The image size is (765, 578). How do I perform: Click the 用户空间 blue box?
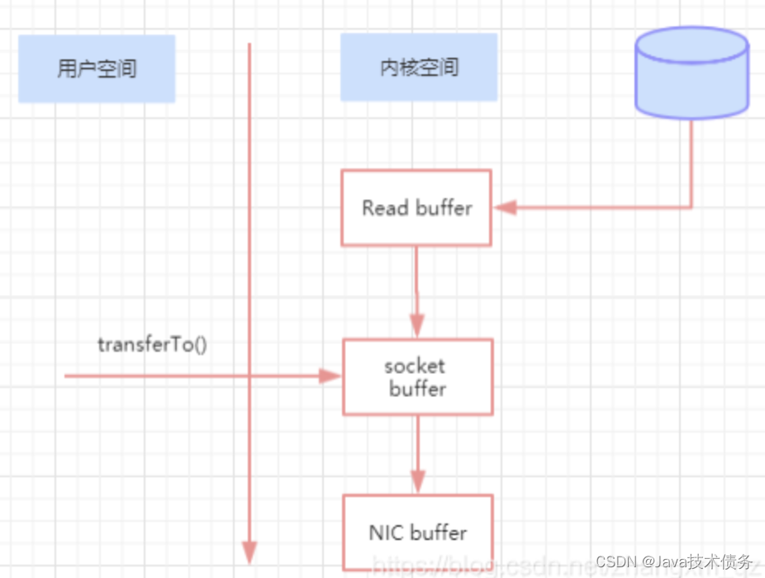pos(97,69)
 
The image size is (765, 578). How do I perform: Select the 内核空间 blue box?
pos(419,68)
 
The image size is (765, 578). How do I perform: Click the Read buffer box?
pos(416,208)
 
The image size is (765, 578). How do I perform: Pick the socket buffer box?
pos(417,377)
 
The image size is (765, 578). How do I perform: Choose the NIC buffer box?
pos(417,532)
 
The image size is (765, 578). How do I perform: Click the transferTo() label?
pos(152,344)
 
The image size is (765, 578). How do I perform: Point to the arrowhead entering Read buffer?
pos(503,207)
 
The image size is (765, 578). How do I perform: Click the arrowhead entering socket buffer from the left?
pos(331,377)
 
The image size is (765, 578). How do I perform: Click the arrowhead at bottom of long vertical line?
pos(249,552)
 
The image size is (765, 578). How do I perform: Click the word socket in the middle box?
pos(415,366)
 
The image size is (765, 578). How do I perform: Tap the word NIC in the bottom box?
pos(384,533)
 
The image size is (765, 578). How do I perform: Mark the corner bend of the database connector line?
pos(691,207)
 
